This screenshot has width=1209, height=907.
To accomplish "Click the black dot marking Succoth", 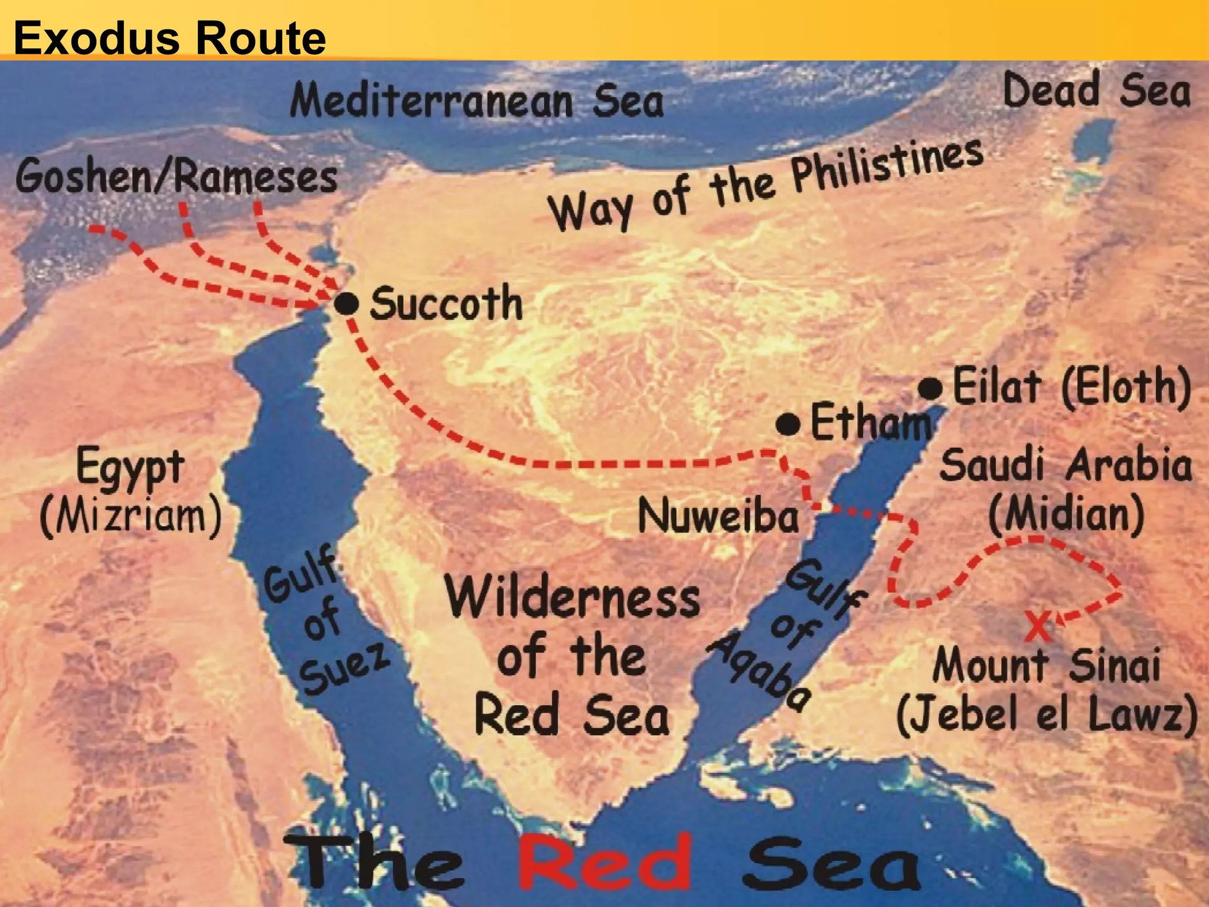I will pyautogui.click(x=347, y=304).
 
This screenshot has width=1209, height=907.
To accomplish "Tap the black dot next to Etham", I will pyautogui.click(x=788, y=424).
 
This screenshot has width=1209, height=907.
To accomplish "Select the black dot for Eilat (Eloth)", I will pyautogui.click(x=930, y=389).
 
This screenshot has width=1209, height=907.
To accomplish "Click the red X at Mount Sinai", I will pyautogui.click(x=1037, y=627).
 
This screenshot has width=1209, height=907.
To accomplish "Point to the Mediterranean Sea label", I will pyautogui.click(x=477, y=100).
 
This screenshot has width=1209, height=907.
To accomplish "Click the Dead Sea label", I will pyautogui.click(x=1097, y=90).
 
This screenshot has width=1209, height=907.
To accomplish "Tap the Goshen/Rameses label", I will pyautogui.click(x=177, y=176).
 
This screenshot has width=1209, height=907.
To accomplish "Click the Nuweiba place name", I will pyautogui.click(x=718, y=516).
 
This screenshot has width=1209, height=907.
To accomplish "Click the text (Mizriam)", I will pyautogui.click(x=130, y=516).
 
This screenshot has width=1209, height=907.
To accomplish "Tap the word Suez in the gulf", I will pyautogui.click(x=344, y=667).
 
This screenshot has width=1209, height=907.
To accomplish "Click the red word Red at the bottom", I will pyautogui.click(x=604, y=863).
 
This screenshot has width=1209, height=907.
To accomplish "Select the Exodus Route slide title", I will pyautogui.click(x=169, y=38).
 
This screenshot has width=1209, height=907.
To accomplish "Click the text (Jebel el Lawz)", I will pyautogui.click(x=1046, y=714).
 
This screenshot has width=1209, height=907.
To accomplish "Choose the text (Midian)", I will pyautogui.click(x=1066, y=514).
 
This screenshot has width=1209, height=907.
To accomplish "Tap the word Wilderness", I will pyautogui.click(x=573, y=597).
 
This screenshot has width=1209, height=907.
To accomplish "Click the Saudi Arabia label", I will pyautogui.click(x=1066, y=465).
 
